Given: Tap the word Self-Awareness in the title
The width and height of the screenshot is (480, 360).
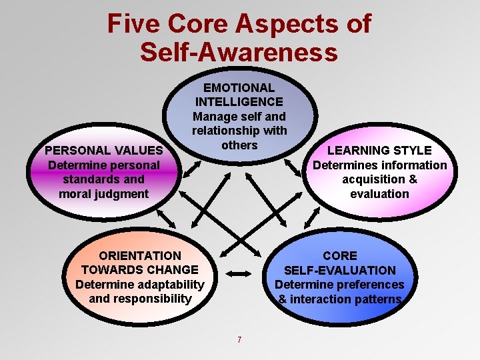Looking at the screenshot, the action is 239,52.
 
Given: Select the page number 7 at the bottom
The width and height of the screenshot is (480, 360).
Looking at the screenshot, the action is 239,340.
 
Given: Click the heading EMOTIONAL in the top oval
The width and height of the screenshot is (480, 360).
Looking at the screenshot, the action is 239,87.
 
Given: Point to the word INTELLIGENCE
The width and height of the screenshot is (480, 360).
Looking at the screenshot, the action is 239,102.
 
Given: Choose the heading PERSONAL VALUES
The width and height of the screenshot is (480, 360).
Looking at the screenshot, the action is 103,151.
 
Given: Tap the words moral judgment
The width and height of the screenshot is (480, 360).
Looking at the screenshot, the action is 103,194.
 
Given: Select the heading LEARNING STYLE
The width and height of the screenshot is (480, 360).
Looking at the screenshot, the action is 379,151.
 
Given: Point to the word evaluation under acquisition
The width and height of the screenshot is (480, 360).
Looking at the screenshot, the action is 379,194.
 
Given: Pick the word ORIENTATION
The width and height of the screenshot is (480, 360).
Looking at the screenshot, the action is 140,255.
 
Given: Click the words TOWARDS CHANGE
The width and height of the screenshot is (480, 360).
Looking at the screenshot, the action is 140,270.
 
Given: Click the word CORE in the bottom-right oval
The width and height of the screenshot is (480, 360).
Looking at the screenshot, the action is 340,255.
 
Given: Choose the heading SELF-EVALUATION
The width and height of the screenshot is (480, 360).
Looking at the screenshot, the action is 340,270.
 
